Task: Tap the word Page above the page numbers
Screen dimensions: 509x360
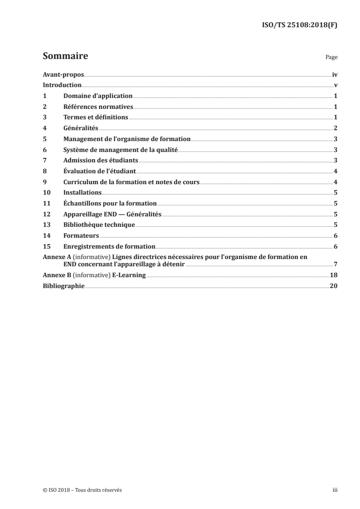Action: (331, 58)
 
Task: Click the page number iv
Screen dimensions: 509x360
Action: (334, 74)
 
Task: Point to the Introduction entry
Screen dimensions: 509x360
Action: (62, 85)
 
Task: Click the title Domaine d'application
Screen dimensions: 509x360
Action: (98, 96)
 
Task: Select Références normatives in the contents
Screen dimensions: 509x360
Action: (98, 107)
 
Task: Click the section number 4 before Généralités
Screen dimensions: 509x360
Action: (44, 128)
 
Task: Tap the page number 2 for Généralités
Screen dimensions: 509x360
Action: (335, 128)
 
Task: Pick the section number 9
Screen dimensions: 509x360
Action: (44, 182)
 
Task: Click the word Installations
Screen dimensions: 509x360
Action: (83, 193)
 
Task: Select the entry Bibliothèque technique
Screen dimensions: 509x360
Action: (99, 225)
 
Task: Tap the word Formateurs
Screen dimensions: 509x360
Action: (81, 236)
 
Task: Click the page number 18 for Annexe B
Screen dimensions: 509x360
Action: (333, 275)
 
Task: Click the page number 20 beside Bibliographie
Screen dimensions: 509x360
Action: (333, 286)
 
